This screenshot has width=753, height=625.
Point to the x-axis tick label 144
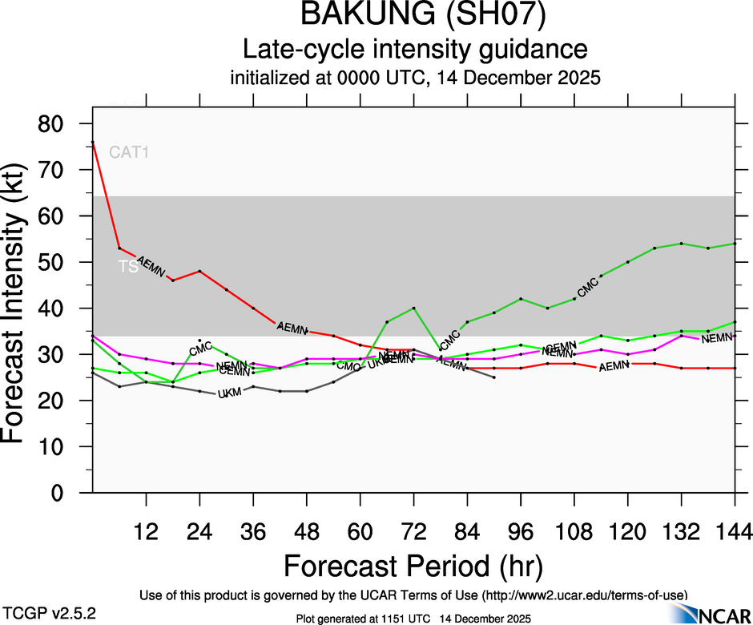[x=734, y=531]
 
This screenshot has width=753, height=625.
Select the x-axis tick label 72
[x=413, y=531]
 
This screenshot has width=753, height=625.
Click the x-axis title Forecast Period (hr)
[x=413, y=566]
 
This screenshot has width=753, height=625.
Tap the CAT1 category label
[x=129, y=151]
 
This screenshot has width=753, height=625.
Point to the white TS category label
[x=127, y=267]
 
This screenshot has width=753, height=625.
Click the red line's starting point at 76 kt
[x=93, y=143]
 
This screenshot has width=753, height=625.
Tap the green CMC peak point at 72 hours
[x=413, y=308]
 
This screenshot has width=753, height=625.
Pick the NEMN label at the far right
[x=716, y=339]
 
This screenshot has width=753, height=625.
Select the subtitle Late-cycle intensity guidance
[x=415, y=50]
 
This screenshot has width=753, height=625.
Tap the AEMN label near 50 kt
[x=151, y=266]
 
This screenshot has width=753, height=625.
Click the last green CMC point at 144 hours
[x=735, y=244]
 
